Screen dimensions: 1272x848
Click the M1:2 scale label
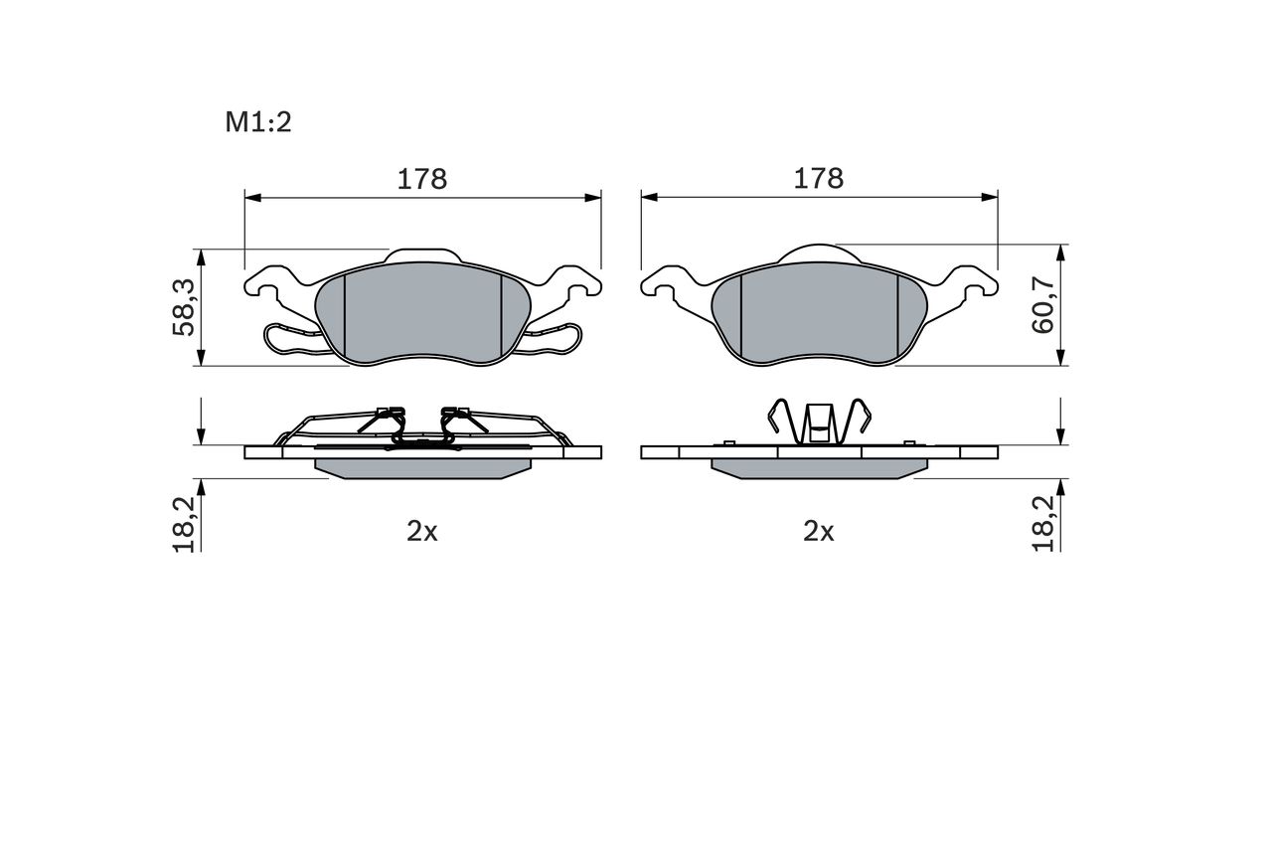[258, 122]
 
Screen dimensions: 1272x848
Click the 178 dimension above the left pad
[422, 180]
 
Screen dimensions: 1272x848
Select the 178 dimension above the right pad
[818, 179]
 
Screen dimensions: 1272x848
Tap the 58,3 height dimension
[184, 307]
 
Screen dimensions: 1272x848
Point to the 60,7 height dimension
[1043, 305]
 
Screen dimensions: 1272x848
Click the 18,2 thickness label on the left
[184, 524]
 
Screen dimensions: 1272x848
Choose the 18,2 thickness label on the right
[1043, 524]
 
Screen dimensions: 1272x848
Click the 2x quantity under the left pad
[422, 532]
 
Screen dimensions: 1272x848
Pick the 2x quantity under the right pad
[818, 532]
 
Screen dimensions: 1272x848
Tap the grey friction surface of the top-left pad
[422, 313]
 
